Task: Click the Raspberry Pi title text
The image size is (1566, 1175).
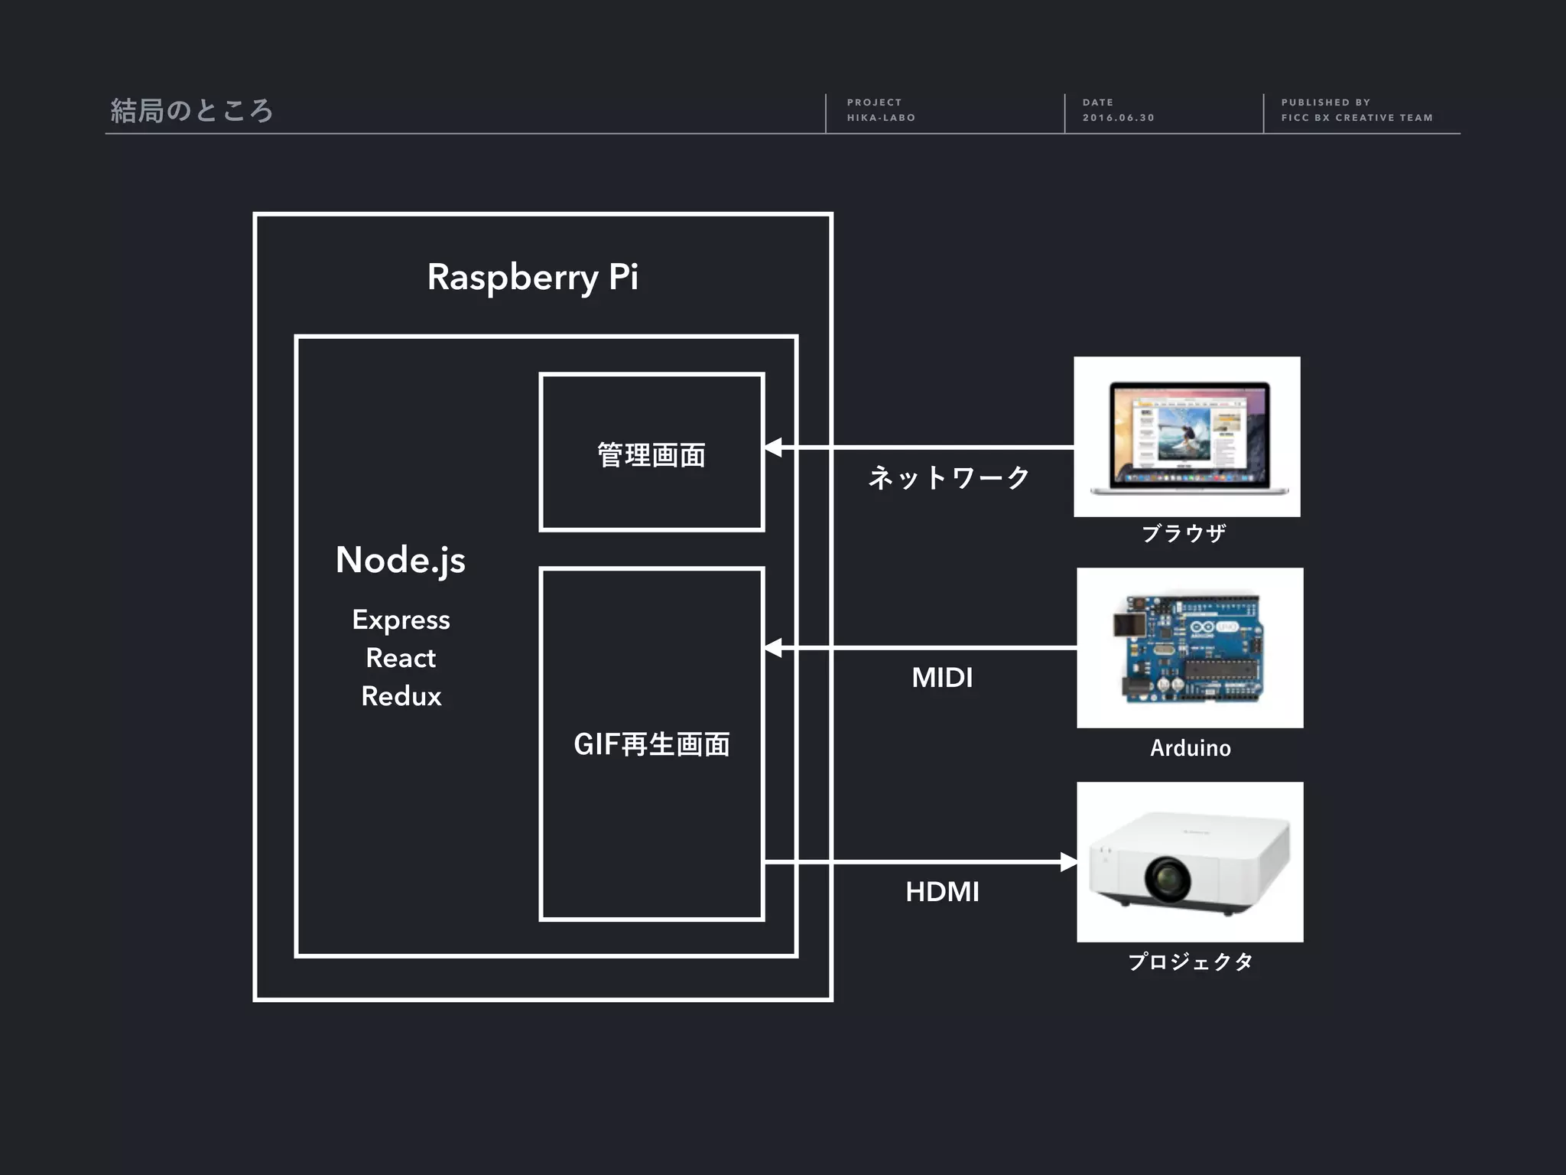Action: point(532,277)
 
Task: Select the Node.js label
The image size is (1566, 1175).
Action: point(401,560)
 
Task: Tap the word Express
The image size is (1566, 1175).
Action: point(401,620)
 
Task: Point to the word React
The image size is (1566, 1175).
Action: point(401,658)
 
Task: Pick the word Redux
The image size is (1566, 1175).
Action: point(401,696)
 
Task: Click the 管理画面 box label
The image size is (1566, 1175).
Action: point(651,454)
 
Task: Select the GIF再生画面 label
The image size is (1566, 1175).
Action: point(651,744)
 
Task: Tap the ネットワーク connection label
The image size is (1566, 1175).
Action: point(949,477)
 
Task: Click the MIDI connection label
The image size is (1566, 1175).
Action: point(942,678)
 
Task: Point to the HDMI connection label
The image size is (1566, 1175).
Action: point(942,892)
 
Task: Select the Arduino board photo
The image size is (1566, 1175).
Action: point(1190,647)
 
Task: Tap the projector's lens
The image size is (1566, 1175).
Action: point(1168,879)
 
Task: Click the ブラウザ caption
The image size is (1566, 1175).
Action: point(1184,533)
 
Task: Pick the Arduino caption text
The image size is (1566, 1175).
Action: point(1191,747)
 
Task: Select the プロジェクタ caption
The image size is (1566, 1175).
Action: point(1191,962)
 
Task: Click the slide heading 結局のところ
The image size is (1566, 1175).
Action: point(192,111)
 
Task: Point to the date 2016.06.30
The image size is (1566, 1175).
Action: point(1118,118)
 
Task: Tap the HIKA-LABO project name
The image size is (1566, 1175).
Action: point(881,118)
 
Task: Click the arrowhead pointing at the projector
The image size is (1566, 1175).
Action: point(1068,862)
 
